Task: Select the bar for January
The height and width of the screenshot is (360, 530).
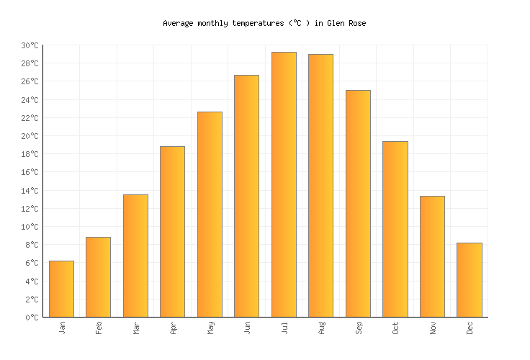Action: (61, 289)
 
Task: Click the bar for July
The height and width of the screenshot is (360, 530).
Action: (284, 184)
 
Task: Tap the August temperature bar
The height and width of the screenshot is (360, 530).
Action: (320, 185)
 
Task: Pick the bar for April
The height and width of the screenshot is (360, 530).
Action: (172, 231)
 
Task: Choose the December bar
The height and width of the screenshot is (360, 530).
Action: (469, 279)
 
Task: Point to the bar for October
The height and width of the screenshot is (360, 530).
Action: (395, 229)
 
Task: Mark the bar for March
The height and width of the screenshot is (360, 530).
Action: (135, 256)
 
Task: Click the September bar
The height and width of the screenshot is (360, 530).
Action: (358, 203)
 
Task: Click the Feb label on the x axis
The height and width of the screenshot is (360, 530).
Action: (99, 328)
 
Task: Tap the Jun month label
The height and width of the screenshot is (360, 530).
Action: (247, 328)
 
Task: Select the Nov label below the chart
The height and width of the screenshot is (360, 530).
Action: (432, 328)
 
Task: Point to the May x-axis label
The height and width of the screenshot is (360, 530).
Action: (210, 328)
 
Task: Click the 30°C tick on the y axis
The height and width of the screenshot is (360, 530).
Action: (30, 45)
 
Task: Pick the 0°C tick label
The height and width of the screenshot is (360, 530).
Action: (32, 317)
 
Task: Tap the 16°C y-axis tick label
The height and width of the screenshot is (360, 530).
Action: (30, 172)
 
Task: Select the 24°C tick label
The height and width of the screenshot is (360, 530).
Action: (30, 100)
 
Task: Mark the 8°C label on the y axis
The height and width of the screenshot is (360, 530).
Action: (32, 245)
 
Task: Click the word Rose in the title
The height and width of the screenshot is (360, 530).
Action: (356, 23)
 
